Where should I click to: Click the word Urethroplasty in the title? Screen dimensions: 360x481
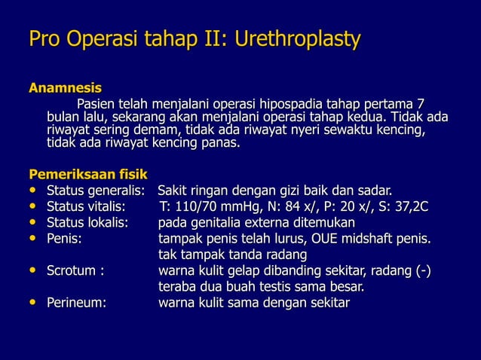tap(298, 39)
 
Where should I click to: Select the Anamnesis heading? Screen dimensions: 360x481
tap(65, 89)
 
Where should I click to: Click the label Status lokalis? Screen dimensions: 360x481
tap(87, 223)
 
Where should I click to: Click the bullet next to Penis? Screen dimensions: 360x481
tap(33, 239)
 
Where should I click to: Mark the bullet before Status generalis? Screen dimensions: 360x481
tap(33, 190)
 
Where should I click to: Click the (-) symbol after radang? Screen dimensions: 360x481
tap(423, 271)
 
